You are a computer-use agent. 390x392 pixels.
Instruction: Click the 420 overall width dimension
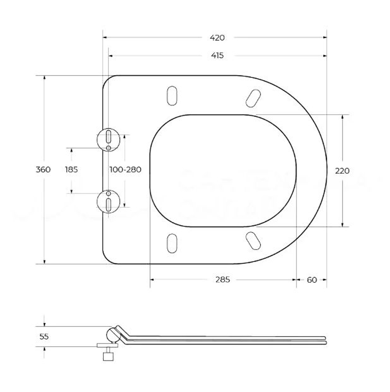click(x=217, y=38)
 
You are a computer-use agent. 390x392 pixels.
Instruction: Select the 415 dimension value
click(x=217, y=56)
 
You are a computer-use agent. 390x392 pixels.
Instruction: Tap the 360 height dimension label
click(x=43, y=170)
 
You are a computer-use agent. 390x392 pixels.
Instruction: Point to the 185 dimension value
click(x=72, y=170)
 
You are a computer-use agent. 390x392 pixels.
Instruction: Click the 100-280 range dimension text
click(x=125, y=170)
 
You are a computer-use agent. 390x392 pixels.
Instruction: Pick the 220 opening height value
click(x=342, y=170)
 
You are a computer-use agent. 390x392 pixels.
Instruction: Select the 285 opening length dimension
click(x=222, y=280)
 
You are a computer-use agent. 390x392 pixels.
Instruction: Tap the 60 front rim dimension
click(x=312, y=280)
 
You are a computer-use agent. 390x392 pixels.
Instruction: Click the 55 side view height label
click(x=44, y=337)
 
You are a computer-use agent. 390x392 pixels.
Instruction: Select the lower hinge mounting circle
click(x=109, y=200)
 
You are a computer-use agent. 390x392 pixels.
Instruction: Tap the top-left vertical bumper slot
click(x=172, y=95)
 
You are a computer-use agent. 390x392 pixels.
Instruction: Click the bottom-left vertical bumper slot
click(x=172, y=244)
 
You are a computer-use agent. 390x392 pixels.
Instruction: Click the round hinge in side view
click(x=113, y=335)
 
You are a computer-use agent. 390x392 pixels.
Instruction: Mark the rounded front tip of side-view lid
click(x=324, y=340)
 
